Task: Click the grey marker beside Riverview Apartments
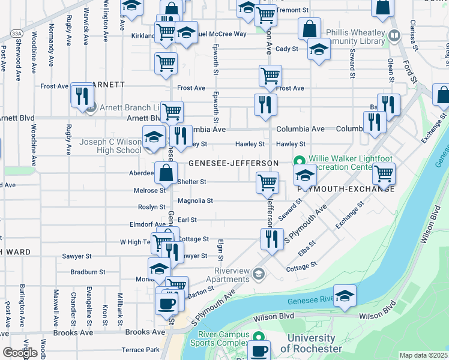tap(258, 274)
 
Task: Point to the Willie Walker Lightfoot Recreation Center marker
tap(299, 161)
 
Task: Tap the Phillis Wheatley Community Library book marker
tap(394, 35)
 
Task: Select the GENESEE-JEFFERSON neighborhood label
tap(234, 163)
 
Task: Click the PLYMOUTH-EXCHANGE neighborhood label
tap(346, 189)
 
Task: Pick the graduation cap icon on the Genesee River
tap(345, 296)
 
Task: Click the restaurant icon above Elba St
tap(272, 239)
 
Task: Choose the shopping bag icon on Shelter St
tap(166, 173)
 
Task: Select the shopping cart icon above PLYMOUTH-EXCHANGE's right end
tap(383, 173)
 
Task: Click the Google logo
tap(19, 353)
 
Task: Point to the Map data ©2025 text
tap(423, 355)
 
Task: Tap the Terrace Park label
tap(140, 349)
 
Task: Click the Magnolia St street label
tap(195, 201)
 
